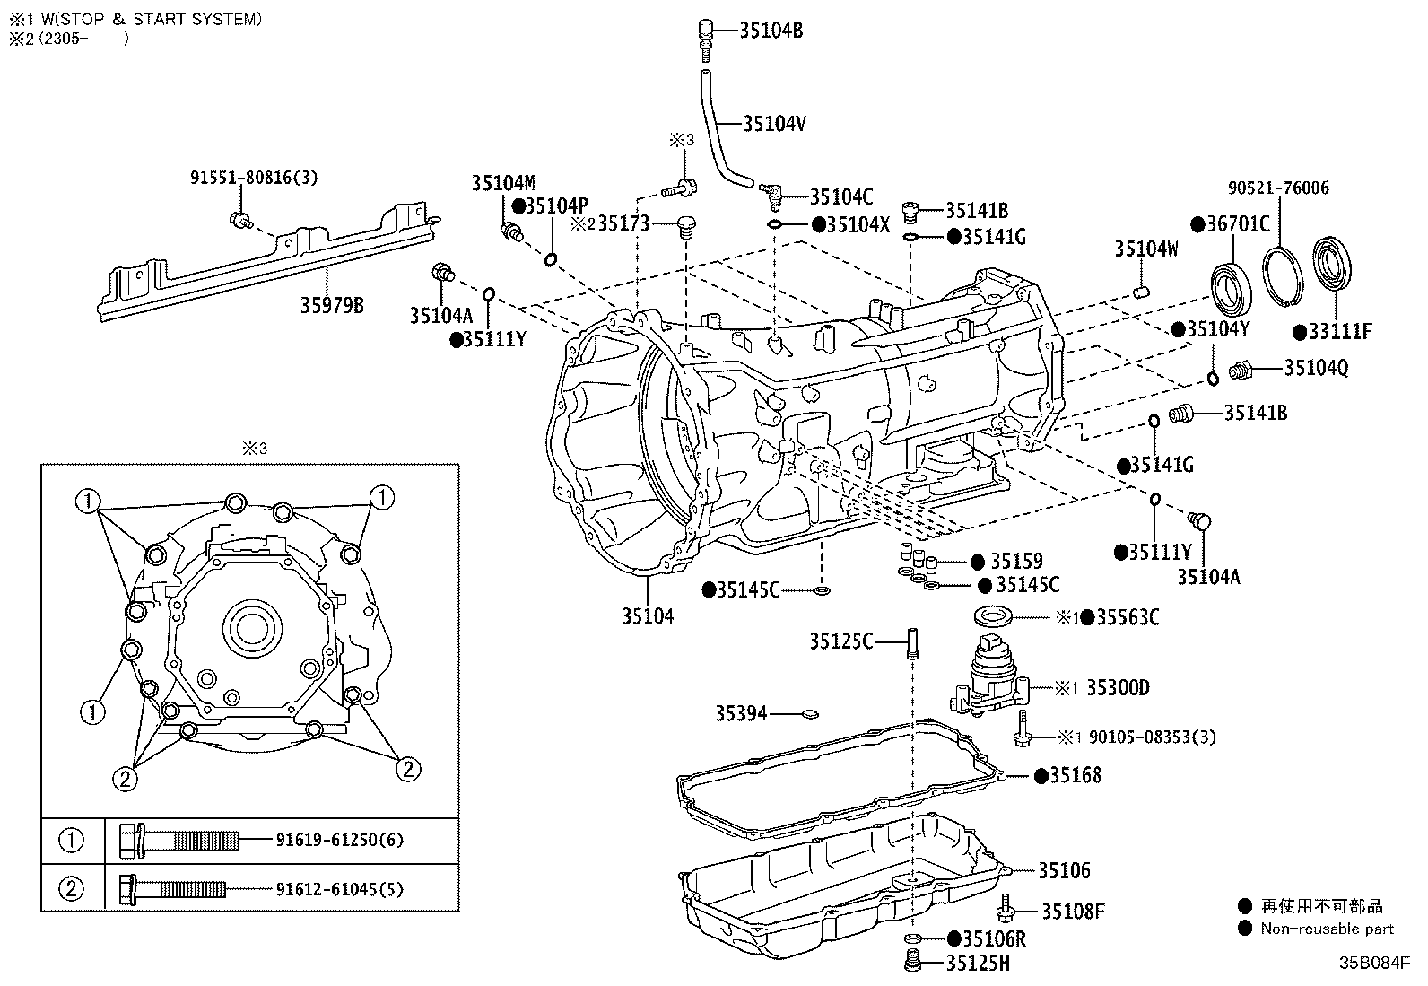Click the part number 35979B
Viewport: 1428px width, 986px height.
(332, 306)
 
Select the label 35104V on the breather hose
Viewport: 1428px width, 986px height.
(774, 124)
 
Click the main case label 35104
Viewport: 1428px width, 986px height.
(648, 615)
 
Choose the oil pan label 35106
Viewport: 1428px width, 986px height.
(1064, 870)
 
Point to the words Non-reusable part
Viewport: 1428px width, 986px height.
(1327, 929)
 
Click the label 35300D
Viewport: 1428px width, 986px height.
(1118, 688)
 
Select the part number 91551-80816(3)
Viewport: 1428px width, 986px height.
(254, 178)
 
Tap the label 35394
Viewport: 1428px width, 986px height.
(741, 713)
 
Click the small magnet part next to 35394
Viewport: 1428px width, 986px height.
(810, 714)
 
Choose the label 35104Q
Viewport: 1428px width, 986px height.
(1316, 368)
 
